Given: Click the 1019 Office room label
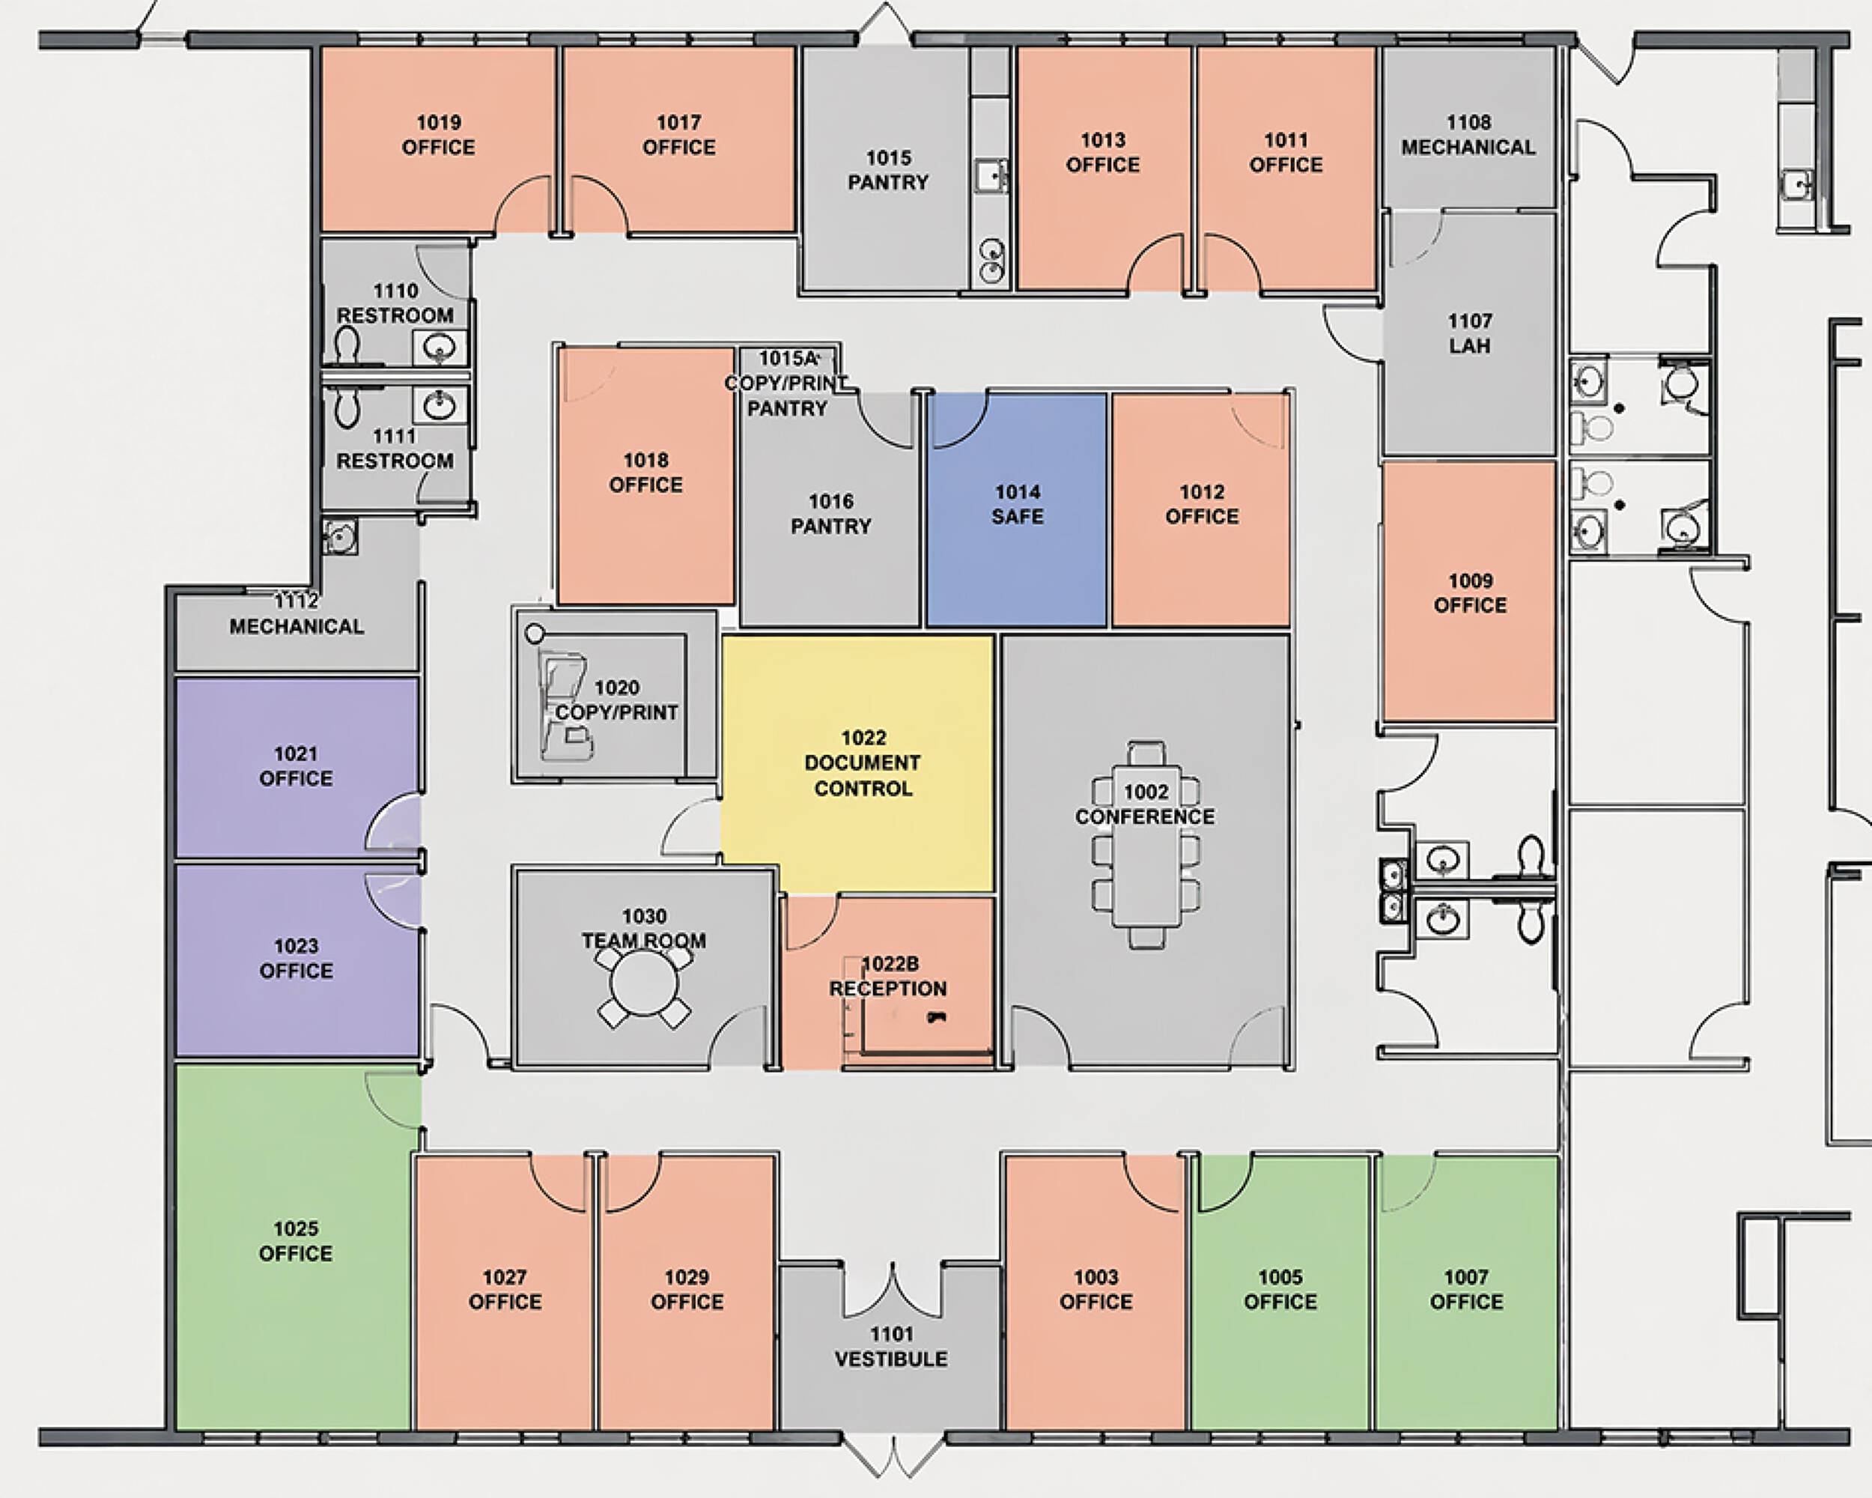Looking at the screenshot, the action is pos(439,135).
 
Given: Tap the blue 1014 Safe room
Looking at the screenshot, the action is pos(1017,510).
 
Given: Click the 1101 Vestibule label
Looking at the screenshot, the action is pos(892,1346).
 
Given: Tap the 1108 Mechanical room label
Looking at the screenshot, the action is pos(1468,135).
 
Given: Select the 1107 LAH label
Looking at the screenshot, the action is pos(1469,333).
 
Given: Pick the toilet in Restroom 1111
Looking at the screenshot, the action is pos(347,405).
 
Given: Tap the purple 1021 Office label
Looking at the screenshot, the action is pos(296,766).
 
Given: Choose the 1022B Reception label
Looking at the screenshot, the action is pos(888,976).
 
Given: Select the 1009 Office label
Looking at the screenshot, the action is pos(1470,592).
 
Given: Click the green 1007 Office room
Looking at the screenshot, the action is pos(1466,1291).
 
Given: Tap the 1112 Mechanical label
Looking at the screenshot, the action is pos(296,614).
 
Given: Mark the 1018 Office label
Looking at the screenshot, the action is pos(646,473).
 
